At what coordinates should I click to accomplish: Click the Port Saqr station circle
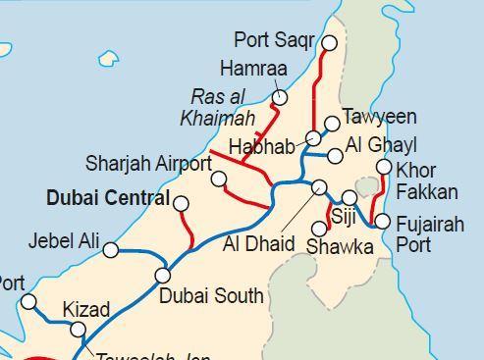[330, 42]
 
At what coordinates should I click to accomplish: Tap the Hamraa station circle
[280, 97]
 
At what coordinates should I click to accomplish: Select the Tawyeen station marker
[332, 124]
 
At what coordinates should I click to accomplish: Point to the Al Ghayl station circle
[336, 155]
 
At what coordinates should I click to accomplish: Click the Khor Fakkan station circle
[384, 168]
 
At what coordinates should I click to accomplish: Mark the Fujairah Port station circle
[383, 221]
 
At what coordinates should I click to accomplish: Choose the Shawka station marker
[319, 229]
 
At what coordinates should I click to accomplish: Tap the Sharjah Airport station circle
[219, 179]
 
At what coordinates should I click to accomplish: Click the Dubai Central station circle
[181, 202]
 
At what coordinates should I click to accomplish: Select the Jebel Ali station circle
[111, 250]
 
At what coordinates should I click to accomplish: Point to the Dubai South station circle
[163, 275]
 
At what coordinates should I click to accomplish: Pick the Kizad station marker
[79, 330]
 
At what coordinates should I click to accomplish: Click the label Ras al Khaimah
[217, 108]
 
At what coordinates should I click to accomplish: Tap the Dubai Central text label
[108, 198]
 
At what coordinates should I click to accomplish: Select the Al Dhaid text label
[258, 242]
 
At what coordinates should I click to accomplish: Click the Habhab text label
[261, 147]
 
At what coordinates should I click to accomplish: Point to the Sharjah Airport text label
[148, 162]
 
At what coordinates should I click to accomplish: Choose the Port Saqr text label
[274, 40]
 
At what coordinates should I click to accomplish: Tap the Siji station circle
[350, 198]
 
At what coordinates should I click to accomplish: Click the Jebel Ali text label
[64, 239]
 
